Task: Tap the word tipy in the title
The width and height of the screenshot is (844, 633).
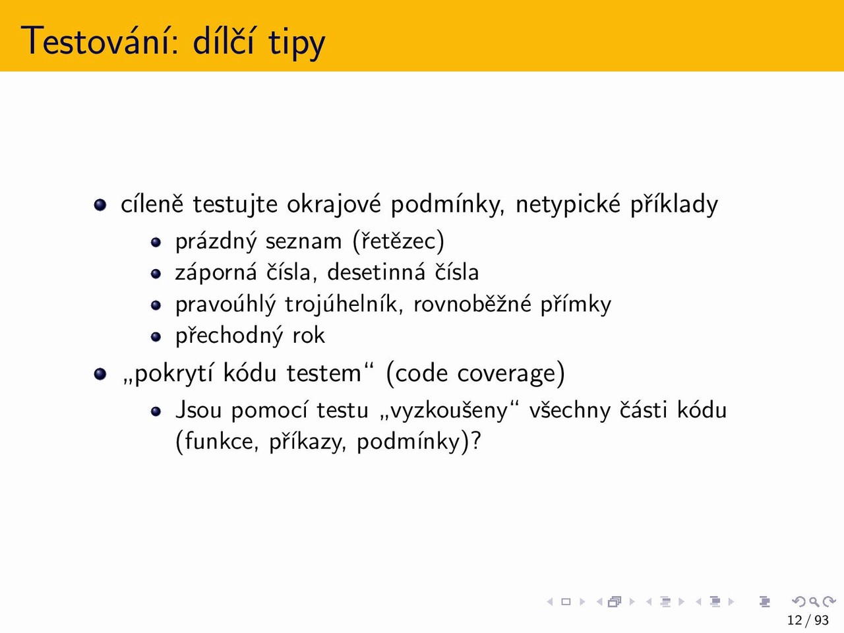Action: pos(297,43)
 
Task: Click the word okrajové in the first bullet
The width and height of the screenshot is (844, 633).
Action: pos(334,204)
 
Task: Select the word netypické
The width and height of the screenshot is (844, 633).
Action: pos(568,204)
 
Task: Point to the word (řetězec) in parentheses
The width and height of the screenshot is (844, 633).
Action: pos(398,241)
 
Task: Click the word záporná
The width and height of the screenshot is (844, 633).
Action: pos(216,272)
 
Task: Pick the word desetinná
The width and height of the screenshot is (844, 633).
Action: pos(376,272)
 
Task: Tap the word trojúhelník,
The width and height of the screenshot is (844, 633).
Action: pos(344,304)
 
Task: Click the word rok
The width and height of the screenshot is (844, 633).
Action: pos(309,335)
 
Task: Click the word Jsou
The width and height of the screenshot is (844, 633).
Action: pos(198,409)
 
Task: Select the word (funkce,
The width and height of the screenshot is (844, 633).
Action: pos(217,441)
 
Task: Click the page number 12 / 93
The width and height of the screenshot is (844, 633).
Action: pos(808,620)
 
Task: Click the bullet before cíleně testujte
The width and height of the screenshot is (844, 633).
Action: pos(100,204)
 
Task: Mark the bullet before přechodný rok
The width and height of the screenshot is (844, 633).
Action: pos(156,337)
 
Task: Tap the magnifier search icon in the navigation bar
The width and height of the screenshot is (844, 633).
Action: pos(814,601)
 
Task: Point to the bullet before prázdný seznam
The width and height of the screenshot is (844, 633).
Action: pos(156,243)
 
